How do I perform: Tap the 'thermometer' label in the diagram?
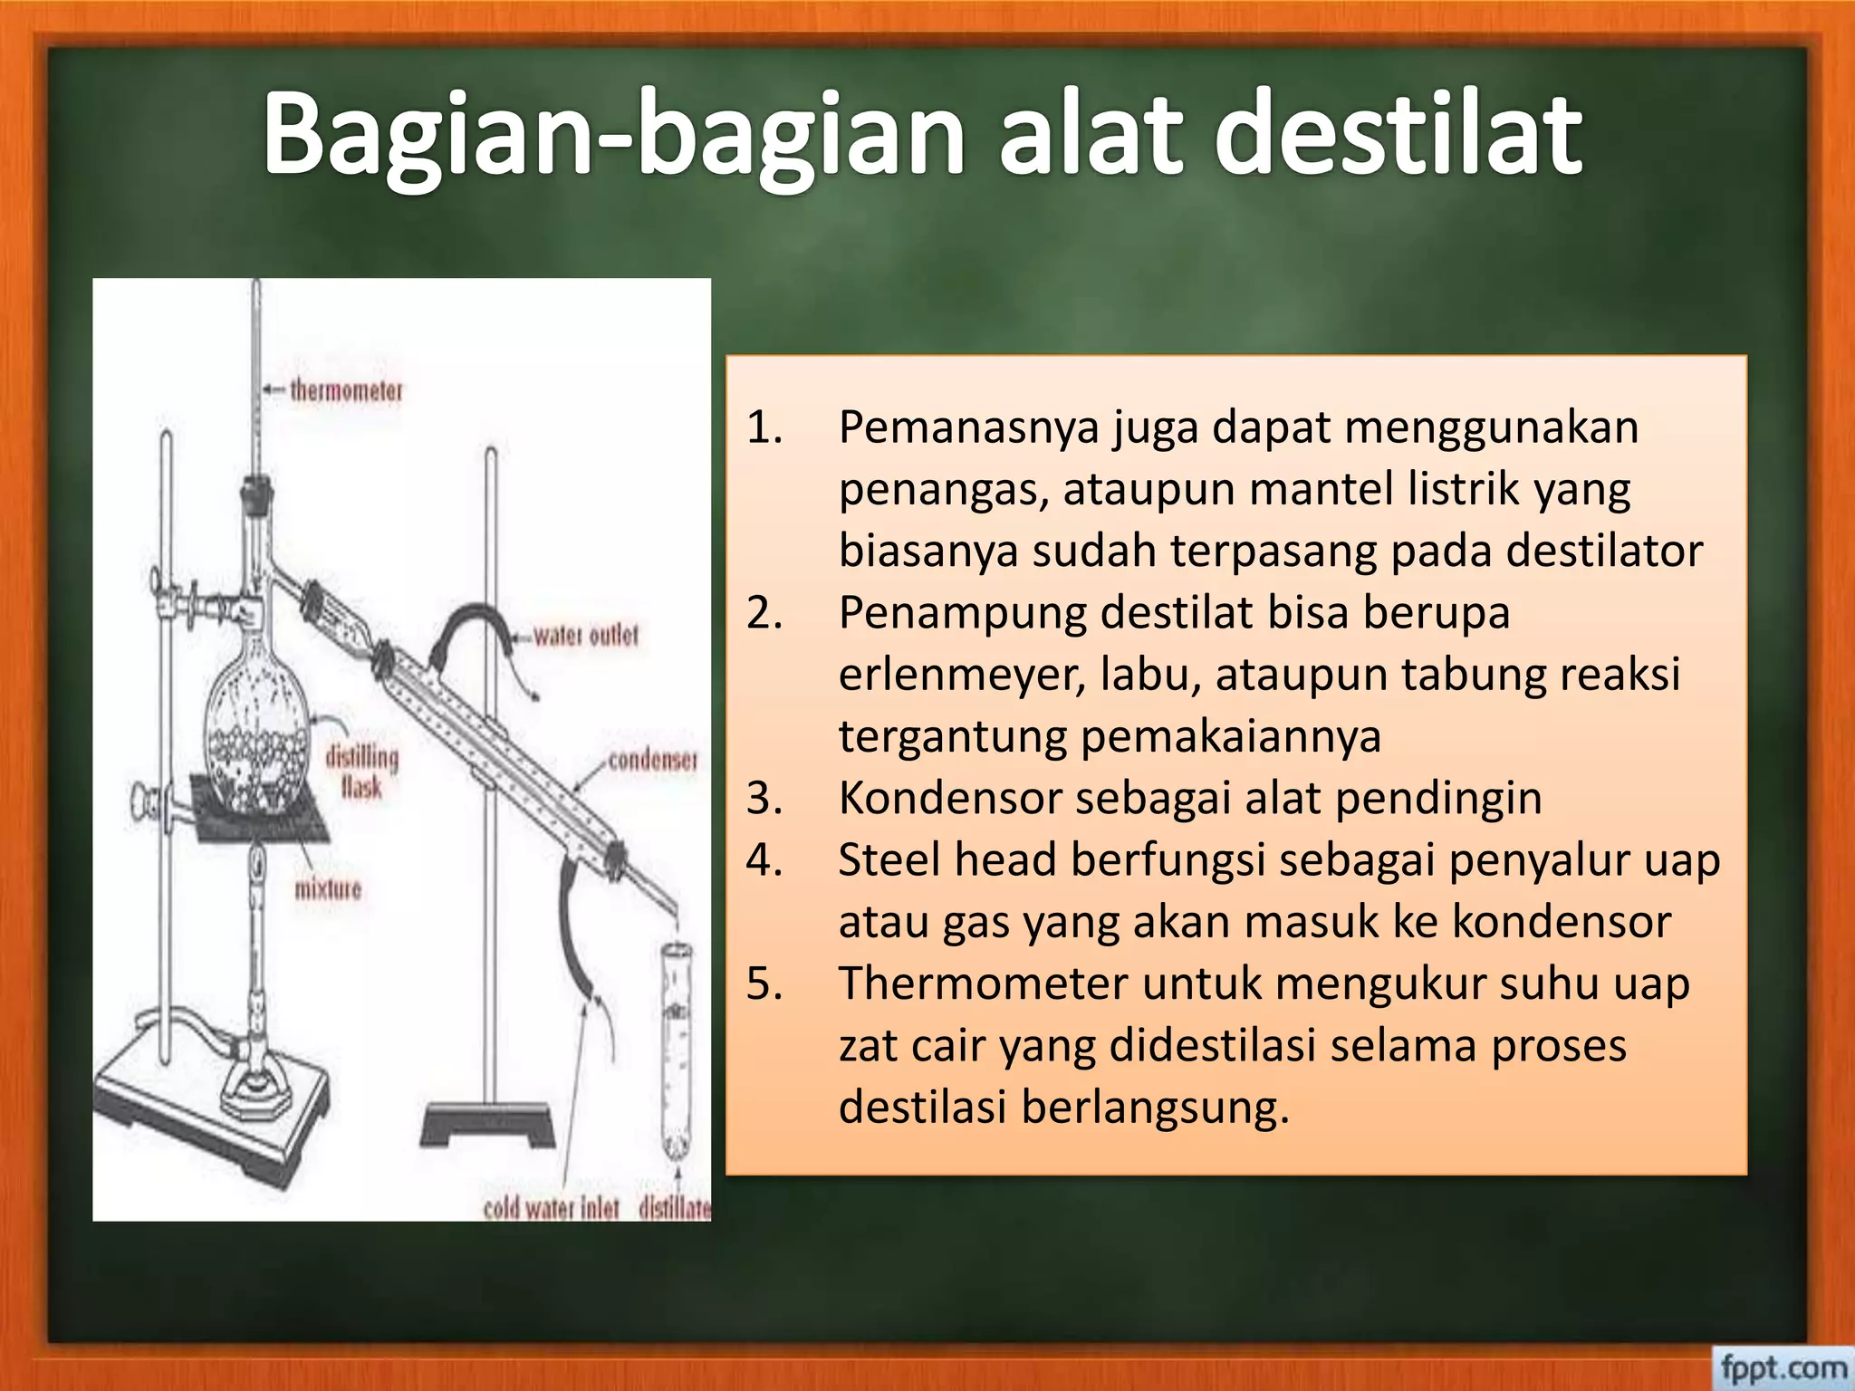pos(346,391)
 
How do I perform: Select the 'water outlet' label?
pos(585,636)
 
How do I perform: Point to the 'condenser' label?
pos(652,760)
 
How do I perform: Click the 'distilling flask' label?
pos(361,772)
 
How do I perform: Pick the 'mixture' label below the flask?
pos(328,888)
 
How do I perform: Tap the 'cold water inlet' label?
pos(551,1207)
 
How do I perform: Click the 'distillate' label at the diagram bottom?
pos(674,1207)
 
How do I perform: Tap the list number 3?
pos(764,799)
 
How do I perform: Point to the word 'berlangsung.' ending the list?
pos(1155,1108)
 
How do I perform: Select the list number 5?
pos(764,984)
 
